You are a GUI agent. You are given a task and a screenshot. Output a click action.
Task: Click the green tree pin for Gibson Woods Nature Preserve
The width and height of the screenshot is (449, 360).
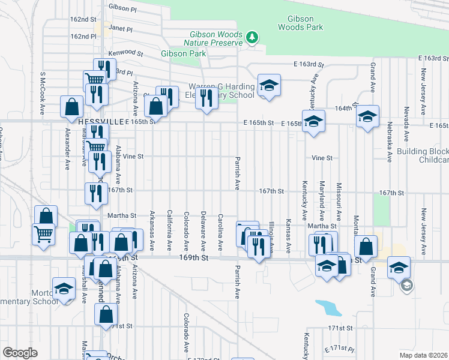click(x=253, y=38)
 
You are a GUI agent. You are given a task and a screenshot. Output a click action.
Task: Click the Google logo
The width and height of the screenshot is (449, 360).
click(x=20, y=353)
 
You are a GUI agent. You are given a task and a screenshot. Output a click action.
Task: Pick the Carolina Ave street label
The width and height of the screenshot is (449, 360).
click(x=220, y=232)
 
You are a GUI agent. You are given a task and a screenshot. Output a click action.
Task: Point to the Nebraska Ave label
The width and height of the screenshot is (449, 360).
click(x=389, y=145)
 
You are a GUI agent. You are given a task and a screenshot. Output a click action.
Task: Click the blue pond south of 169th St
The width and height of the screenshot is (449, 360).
click(x=328, y=308)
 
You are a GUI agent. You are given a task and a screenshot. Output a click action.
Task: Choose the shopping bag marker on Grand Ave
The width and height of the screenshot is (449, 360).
click(x=366, y=247)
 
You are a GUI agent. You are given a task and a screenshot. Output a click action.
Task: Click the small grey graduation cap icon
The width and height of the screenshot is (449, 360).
click(x=406, y=285)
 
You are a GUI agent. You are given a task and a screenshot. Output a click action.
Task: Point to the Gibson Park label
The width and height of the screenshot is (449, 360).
click(x=184, y=53)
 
